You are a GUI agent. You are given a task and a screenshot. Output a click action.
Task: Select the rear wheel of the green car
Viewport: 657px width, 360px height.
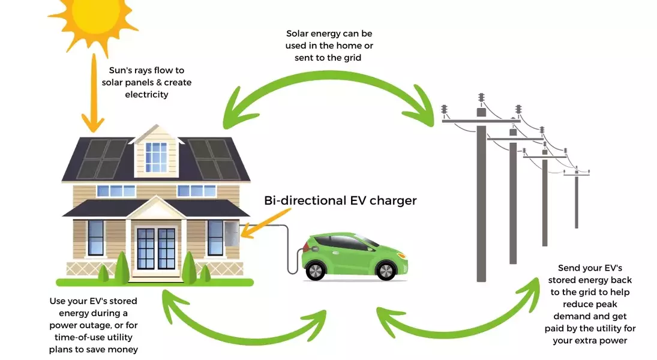314,271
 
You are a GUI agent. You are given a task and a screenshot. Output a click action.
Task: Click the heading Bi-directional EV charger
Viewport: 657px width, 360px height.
340,200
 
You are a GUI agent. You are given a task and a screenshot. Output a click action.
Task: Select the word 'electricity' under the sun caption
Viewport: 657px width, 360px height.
147,94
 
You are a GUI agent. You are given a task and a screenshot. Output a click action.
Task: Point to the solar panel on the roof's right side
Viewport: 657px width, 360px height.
213,158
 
